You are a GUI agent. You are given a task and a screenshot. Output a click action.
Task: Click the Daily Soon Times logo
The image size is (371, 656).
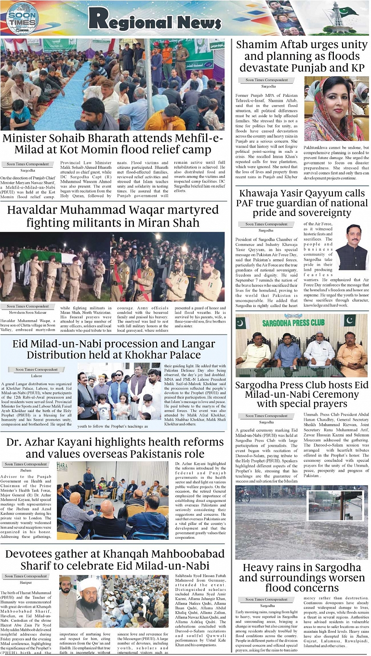(22, 18)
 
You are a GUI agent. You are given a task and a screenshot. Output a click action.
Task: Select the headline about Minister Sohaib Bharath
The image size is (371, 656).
(113, 144)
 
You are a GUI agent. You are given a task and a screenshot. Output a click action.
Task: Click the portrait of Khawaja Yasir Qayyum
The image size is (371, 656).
(352, 247)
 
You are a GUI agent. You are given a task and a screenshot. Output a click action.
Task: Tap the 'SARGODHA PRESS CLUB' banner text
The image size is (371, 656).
(302, 322)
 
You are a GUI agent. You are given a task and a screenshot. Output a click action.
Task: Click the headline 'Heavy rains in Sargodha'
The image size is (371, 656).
(302, 567)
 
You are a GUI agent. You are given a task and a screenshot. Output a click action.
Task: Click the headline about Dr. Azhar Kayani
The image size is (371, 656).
(115, 448)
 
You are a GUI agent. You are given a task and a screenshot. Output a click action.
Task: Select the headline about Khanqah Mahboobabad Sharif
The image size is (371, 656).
(115, 559)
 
